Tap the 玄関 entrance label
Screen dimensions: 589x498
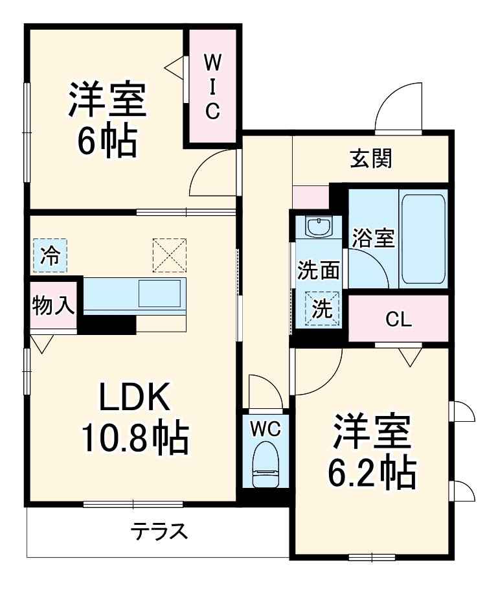tap(371, 159)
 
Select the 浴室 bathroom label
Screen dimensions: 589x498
tap(373, 238)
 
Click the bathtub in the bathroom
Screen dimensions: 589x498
tap(423, 238)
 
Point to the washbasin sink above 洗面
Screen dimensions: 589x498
tap(318, 227)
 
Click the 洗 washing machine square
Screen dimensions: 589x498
tap(322, 309)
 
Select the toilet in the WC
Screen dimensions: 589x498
tap(265, 464)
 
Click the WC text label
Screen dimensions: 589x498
tap(266, 428)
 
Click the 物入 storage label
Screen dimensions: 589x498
tap(53, 305)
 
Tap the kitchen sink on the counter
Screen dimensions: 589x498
tap(160, 294)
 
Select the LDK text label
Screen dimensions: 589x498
tap(134, 398)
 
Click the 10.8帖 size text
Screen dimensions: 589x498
tap(134, 438)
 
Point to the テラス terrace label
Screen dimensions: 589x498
tap(159, 532)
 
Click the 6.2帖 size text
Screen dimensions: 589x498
tap(371, 474)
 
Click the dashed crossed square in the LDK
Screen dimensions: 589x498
tap(169, 255)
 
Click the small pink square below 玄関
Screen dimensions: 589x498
tap(310, 197)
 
